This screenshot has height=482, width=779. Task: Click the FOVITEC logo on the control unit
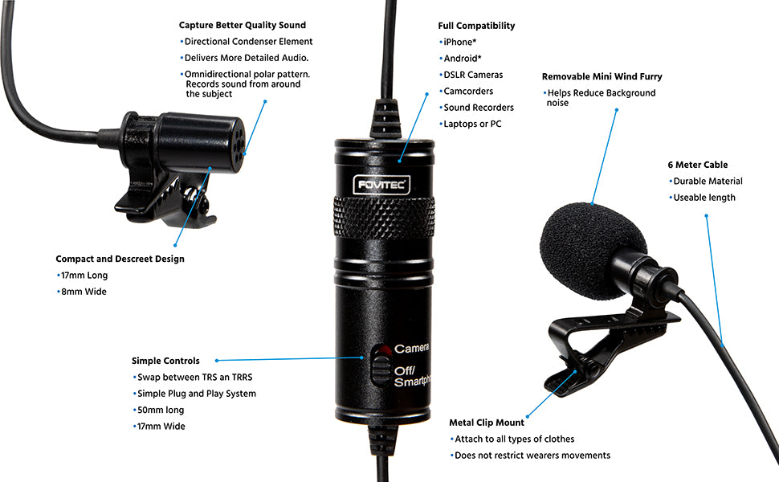(x=383, y=185)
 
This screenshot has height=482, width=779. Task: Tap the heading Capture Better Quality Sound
(x=242, y=26)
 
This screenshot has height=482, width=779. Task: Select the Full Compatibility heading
(x=476, y=26)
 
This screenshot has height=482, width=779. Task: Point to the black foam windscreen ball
(x=592, y=242)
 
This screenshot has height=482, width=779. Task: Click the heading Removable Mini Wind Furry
(x=602, y=77)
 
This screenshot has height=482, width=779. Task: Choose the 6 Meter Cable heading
(x=697, y=165)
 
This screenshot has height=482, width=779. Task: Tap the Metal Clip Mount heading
(x=487, y=423)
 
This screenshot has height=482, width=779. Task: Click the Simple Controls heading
(x=165, y=361)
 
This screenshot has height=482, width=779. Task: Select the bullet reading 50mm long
(x=161, y=410)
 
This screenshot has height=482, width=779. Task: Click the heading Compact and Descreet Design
(x=120, y=259)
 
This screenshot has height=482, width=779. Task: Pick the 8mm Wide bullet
(x=84, y=292)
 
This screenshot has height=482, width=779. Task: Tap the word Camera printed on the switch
(x=411, y=349)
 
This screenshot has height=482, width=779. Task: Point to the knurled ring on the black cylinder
(x=383, y=218)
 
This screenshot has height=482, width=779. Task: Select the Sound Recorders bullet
(x=478, y=108)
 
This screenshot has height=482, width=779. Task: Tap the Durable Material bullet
(x=708, y=182)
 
